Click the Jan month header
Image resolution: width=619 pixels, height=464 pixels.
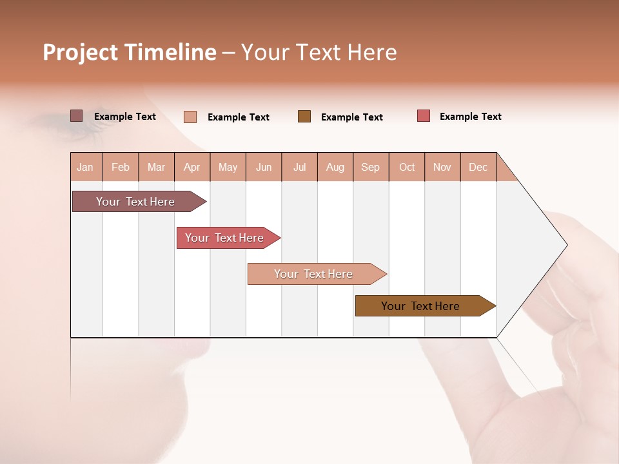(86, 167)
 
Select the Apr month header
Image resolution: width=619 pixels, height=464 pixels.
(192, 167)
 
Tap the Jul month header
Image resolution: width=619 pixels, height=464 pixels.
(300, 167)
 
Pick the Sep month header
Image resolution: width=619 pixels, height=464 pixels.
(371, 167)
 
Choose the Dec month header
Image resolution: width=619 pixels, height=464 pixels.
(478, 167)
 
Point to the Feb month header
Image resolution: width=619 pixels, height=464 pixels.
(121, 167)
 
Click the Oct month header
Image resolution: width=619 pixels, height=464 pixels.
(407, 167)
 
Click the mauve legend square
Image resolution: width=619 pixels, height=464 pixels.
(77, 116)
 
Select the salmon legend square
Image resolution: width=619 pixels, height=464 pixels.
(190, 117)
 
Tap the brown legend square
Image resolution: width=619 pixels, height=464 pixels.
(304, 117)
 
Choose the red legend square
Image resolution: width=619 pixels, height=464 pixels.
(424, 116)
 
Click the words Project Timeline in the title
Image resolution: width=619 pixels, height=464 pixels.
(130, 52)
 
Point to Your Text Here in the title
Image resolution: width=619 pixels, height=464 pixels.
(319, 52)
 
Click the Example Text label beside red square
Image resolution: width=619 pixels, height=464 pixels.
(470, 117)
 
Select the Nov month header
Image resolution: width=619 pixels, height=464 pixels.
(442, 167)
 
